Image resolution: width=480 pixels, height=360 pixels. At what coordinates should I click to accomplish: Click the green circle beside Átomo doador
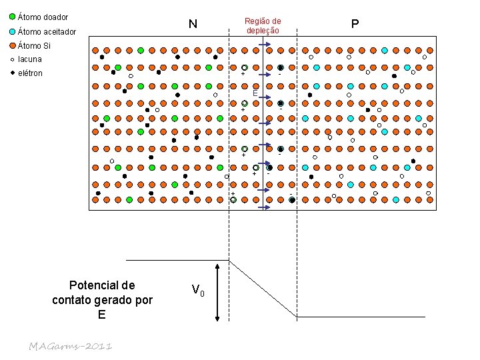coord(12,17)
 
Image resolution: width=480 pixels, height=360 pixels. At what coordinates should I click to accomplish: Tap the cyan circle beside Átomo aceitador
coord(12,31)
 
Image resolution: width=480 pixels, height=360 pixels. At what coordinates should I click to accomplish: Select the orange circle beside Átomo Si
coord(12,46)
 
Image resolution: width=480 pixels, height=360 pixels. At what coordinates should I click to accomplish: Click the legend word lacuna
coord(30,59)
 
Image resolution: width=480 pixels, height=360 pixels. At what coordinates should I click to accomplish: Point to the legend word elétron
coord(30,73)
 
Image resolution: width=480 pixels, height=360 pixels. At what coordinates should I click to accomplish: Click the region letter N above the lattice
coord(193,25)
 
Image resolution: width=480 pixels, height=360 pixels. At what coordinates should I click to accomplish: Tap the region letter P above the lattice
coord(355,25)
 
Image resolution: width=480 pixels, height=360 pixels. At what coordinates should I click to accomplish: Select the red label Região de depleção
coord(263,26)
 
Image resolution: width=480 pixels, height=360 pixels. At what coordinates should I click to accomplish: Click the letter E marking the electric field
coord(255,94)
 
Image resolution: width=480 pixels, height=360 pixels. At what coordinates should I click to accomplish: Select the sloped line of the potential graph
coord(263,287)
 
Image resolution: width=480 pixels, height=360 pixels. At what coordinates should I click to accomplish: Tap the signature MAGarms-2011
coord(70,346)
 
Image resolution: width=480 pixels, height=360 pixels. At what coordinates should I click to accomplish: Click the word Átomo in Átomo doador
coord(30,17)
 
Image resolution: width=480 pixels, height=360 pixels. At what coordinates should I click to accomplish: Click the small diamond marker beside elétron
coord(12,73)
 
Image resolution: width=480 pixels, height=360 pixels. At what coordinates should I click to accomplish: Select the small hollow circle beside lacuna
coord(12,59)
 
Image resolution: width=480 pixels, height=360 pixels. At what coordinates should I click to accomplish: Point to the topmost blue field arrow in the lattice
coord(263,45)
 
